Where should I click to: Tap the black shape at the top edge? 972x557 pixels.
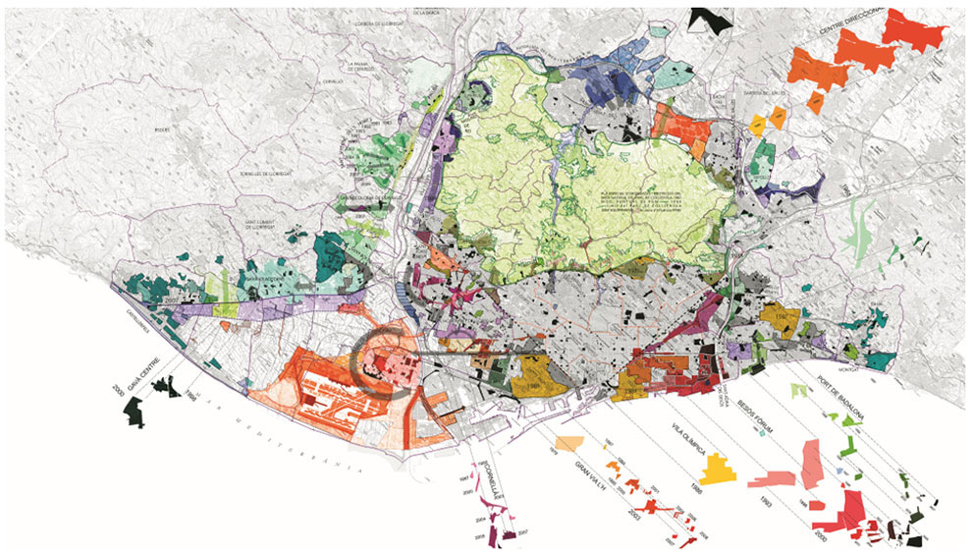tap(711, 18)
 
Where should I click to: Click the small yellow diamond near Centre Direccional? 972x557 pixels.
tap(757, 124)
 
